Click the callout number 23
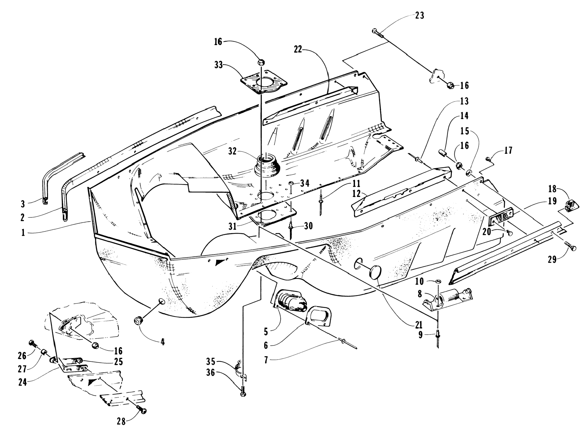(419, 16)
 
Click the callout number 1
(23, 233)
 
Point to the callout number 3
(23, 204)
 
